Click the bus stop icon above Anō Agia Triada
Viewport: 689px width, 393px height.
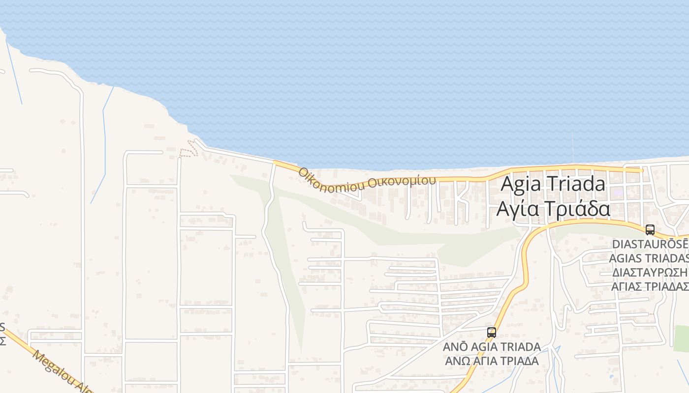tap(491, 333)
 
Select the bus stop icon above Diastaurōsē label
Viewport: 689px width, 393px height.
tap(650, 230)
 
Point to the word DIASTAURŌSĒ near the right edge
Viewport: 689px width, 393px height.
tap(650, 244)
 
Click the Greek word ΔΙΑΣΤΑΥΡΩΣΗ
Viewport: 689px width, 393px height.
tap(650, 273)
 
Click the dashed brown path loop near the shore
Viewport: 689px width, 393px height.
tap(188, 150)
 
